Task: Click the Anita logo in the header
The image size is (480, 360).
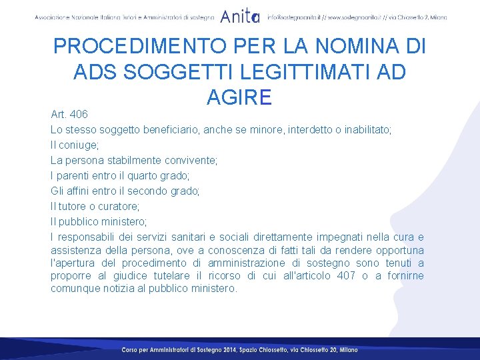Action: [x=240, y=16]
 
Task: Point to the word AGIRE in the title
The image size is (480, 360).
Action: [x=239, y=97]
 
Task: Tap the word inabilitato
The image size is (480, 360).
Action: [x=364, y=129]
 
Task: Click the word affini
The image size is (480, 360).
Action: [x=77, y=191]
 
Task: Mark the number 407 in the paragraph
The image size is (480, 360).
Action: [x=345, y=275]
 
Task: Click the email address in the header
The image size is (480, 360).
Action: [x=294, y=17]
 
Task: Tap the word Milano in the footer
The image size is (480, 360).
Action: [x=348, y=350]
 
